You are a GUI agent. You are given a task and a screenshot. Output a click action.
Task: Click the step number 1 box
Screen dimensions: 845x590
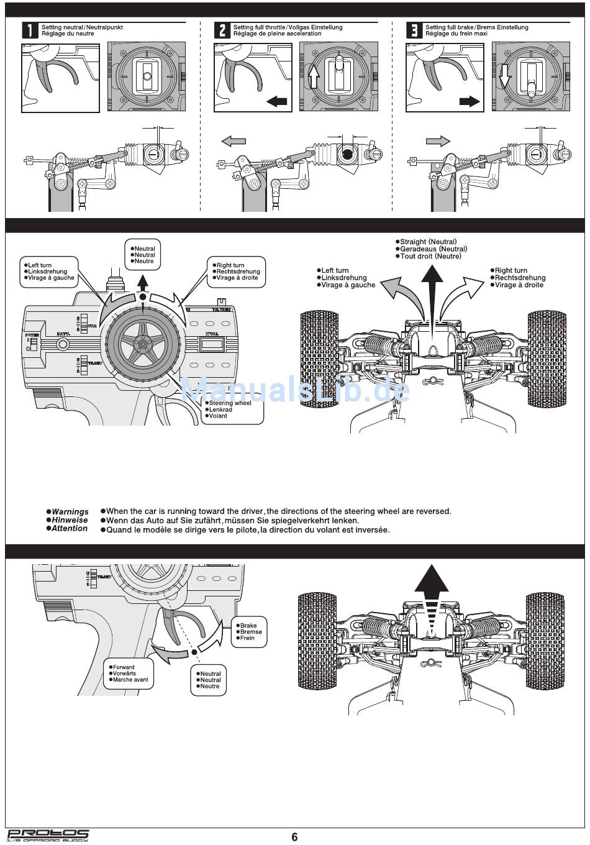point(30,30)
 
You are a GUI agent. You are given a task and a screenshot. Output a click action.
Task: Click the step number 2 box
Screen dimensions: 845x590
point(222,30)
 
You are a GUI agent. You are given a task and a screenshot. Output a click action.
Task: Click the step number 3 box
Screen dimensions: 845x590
point(414,30)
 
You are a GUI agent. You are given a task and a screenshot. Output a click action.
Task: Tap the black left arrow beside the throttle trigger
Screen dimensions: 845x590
point(277,101)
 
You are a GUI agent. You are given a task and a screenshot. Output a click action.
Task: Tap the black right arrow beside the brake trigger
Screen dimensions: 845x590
point(470,101)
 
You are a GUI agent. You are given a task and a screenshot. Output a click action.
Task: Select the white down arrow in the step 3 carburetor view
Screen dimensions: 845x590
point(504,76)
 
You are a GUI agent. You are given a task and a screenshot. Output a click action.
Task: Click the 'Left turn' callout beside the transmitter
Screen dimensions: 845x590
point(50,272)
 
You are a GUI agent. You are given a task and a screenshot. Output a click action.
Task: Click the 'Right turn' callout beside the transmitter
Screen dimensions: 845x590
point(237,272)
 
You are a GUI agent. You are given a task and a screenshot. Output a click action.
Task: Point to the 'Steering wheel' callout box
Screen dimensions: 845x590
point(234,410)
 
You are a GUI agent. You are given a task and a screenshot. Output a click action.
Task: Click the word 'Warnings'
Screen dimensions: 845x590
point(70,511)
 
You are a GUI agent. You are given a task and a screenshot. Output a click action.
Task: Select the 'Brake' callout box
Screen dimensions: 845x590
point(250,632)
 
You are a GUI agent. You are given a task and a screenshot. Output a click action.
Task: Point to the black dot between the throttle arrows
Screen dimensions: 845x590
point(195,651)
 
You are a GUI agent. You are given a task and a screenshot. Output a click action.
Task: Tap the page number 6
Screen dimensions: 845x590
point(294,837)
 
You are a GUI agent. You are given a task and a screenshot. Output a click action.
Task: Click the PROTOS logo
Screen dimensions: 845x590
point(47,836)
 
